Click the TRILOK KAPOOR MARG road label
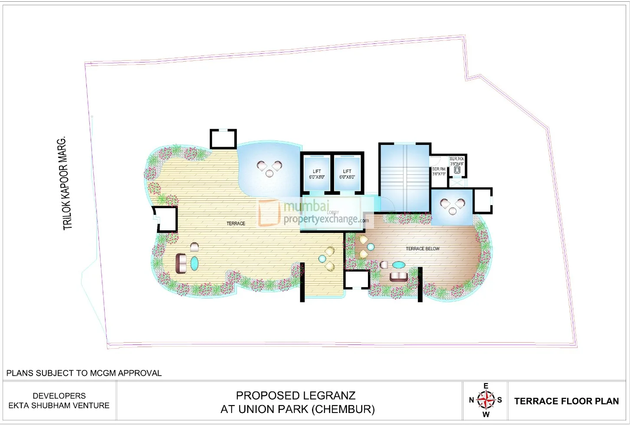coord(65,184)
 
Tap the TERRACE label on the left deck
coord(236,223)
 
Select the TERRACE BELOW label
coord(422,249)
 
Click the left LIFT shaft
coord(317,174)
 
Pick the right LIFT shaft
coord(347,174)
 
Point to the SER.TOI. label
coord(456,159)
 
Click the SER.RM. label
coord(439,169)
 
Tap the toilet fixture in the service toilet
coord(457,170)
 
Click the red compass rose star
coord(486,400)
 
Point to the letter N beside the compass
coord(472,400)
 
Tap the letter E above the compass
coord(486,386)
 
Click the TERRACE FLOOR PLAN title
coord(566,401)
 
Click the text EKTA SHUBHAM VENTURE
coord(59,406)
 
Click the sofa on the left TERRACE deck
coord(181,263)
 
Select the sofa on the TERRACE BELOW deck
coord(398,277)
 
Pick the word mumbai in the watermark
coord(306,206)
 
